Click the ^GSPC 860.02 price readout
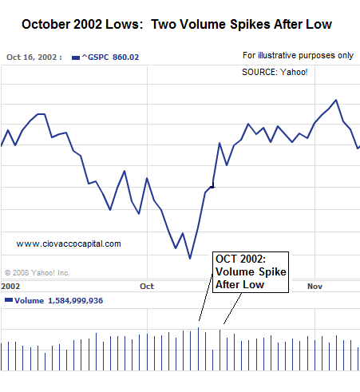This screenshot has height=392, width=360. (x=105, y=57)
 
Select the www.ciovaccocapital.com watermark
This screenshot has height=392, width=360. (x=69, y=244)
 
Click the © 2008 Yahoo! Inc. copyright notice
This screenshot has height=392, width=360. (x=38, y=272)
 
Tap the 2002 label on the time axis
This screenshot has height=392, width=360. (x=11, y=286)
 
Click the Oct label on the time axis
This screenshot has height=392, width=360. (x=147, y=286)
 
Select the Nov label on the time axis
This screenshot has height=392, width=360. (x=315, y=286)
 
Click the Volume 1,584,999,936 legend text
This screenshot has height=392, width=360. (x=58, y=301)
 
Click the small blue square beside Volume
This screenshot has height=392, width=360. (x=8, y=301)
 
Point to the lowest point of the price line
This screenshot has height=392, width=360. (x=190, y=258)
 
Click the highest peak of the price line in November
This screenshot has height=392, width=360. (x=336, y=100)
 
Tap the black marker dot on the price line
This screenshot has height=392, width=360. (x=212, y=187)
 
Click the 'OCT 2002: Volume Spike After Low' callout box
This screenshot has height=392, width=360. (x=249, y=272)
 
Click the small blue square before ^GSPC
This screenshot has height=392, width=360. (x=74, y=57)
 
